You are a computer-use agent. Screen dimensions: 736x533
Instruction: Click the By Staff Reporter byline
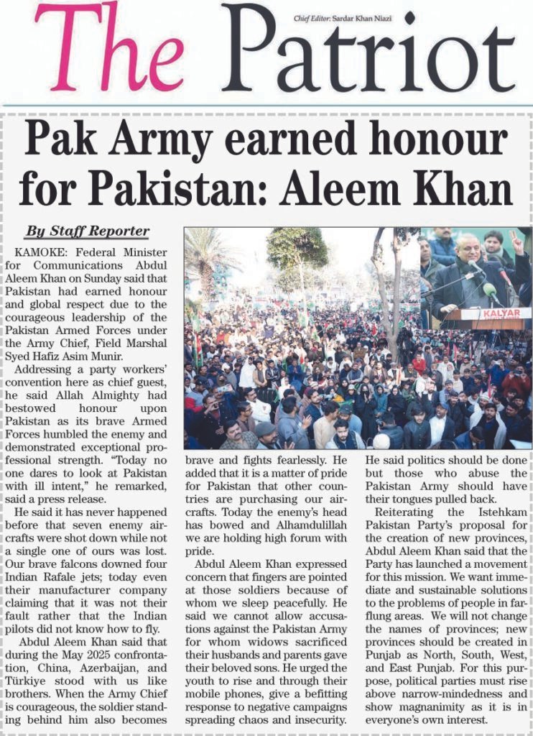pyautogui.click(x=87, y=231)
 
